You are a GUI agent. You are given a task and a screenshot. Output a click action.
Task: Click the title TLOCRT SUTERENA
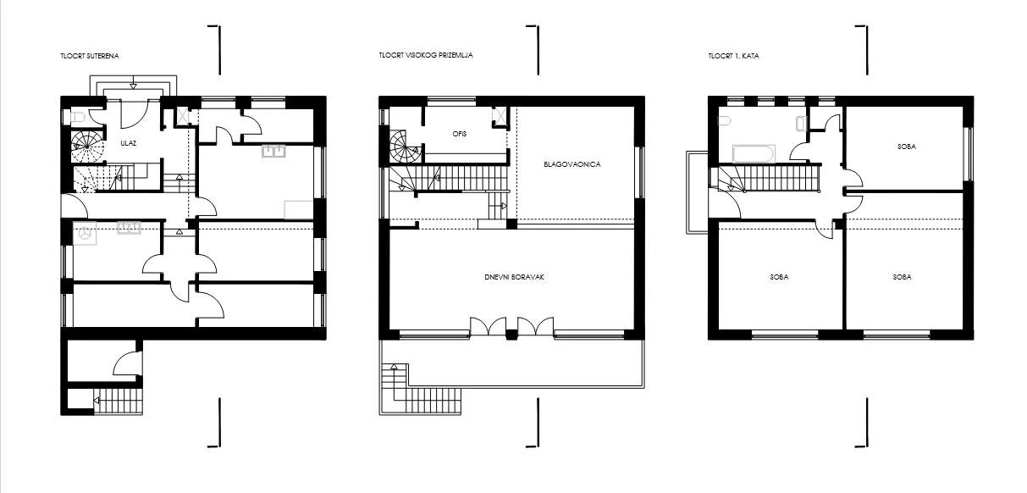90,56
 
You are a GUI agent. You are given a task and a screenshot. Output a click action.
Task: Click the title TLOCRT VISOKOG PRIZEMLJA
426,55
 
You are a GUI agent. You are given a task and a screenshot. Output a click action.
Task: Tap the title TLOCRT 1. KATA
733,56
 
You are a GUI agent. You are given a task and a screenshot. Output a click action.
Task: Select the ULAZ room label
129,143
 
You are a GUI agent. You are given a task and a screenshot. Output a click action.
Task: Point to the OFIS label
460,134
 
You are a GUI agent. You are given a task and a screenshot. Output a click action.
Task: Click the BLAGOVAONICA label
572,164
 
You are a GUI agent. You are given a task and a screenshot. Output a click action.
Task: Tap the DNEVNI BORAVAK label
515,277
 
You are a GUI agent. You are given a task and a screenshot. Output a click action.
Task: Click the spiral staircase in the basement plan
87,147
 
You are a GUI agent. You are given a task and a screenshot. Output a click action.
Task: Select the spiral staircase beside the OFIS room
406,147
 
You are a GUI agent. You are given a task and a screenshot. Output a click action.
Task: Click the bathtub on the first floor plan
754,154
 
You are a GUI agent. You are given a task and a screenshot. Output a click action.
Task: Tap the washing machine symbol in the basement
85,234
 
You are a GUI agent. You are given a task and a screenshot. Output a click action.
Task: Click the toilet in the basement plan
78,118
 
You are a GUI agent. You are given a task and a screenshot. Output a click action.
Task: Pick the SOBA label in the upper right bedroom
907,147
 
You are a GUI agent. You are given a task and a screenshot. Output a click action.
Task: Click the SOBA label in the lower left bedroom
779,277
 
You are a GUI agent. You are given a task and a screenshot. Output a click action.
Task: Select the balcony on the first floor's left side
697,192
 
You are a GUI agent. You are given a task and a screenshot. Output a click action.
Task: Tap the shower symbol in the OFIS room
500,117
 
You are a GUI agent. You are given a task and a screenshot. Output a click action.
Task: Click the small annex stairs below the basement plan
118,401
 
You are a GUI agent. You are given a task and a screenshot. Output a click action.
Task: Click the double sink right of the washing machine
129,228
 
